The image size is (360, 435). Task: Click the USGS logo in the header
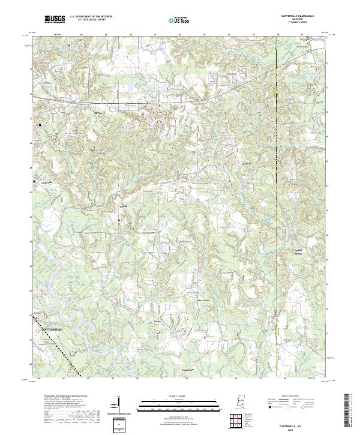coord(53,20)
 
